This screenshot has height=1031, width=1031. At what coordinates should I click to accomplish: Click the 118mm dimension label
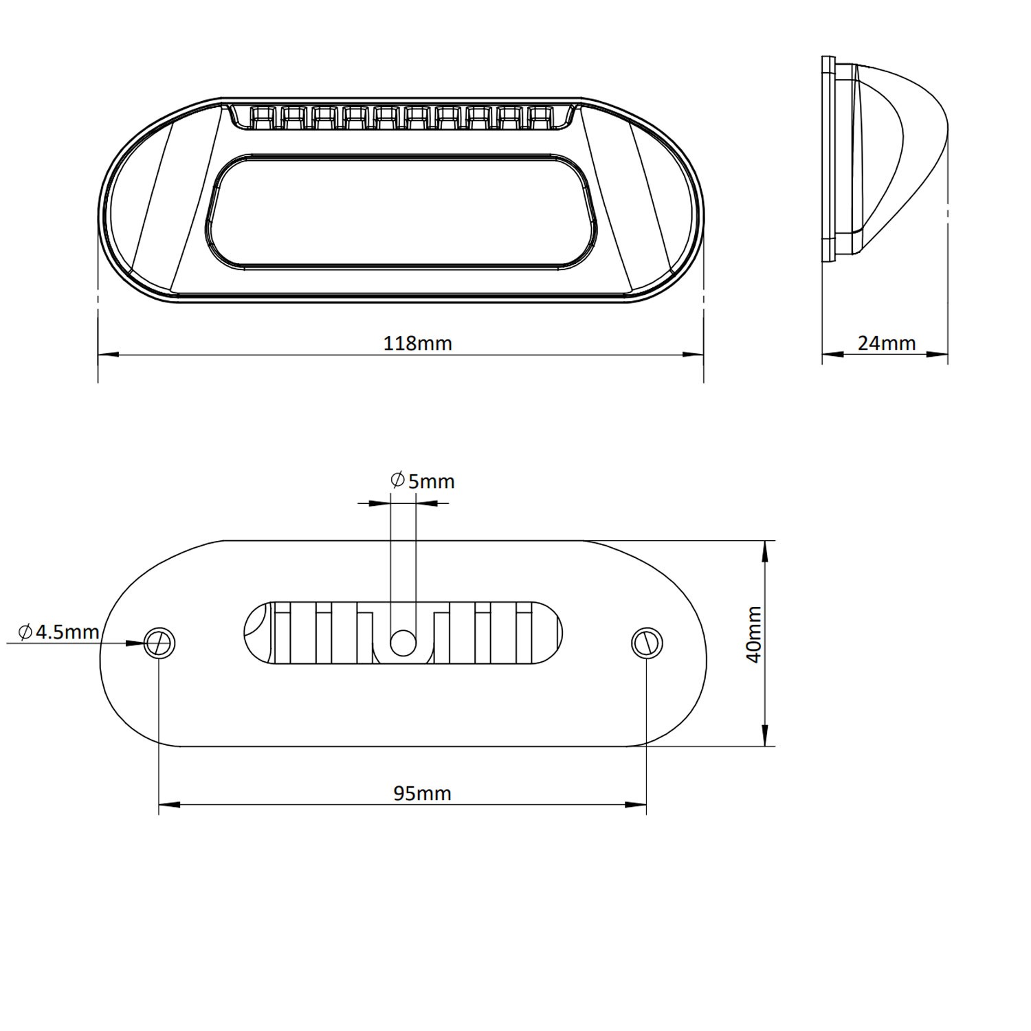pos(417,343)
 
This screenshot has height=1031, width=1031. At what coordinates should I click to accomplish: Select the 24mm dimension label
pos(887,343)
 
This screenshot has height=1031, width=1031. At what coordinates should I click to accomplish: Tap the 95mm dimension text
pos(422,794)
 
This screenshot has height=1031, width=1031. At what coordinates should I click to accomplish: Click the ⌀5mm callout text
pos(422,481)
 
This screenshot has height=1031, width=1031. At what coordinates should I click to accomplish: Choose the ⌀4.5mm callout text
pos(59,632)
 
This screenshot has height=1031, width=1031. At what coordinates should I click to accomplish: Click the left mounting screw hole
pos(159,643)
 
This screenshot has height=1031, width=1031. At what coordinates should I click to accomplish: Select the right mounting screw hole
pos(646,643)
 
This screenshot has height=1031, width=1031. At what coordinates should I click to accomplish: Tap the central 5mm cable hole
pos(403,643)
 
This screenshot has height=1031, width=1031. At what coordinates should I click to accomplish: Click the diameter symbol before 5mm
pos(397,480)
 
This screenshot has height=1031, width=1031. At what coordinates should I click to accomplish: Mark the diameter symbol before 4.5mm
pos(25,632)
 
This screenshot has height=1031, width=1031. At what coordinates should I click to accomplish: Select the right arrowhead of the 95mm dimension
pos(636,803)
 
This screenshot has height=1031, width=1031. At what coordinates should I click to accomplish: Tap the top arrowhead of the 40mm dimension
pos(765,551)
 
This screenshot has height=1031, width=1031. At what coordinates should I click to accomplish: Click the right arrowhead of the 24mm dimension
pos(938,355)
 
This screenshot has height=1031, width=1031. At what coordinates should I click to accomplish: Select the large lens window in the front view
pos(402,212)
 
